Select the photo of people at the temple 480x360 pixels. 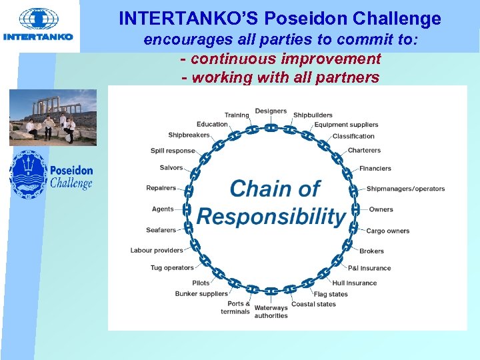(53, 117)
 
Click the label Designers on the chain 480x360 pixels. (271, 111)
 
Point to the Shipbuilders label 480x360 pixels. (313, 115)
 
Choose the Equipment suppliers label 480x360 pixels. (346, 125)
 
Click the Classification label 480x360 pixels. (353, 137)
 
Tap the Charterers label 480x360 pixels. (364, 151)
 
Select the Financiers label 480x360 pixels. (375, 169)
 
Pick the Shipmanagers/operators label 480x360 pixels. (405, 189)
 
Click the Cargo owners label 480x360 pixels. (387, 231)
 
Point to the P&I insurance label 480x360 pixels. (369, 268)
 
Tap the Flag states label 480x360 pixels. (331, 294)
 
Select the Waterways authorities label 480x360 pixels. (271, 312)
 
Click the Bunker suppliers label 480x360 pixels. (201, 294)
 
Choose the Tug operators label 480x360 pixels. (172, 268)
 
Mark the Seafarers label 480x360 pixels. (161, 231)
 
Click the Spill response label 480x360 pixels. (173, 151)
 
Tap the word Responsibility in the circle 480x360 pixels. (271, 216)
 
